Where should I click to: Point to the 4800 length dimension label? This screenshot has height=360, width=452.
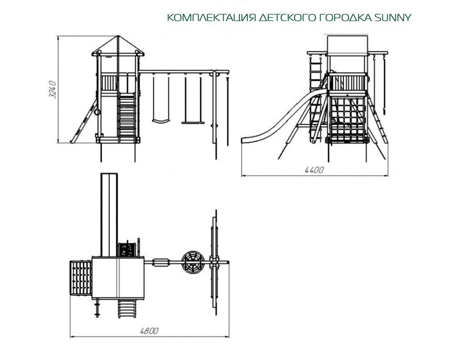(x=149, y=331)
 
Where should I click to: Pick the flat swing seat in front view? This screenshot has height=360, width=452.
(x=192, y=124)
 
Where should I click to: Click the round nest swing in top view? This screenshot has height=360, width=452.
(x=192, y=263)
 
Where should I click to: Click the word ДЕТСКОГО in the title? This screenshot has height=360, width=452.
(x=287, y=18)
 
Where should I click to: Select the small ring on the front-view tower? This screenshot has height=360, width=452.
(x=96, y=110)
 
